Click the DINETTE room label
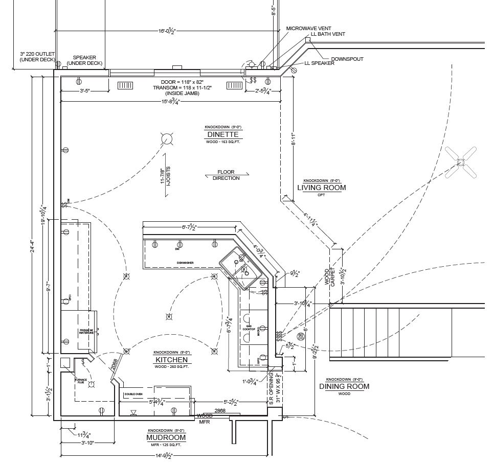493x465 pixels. pyautogui.click(x=223, y=135)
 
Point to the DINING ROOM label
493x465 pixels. pyautogui.click(x=344, y=386)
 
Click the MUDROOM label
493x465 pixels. pyautogui.click(x=166, y=438)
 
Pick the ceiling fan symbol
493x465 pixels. pyautogui.click(x=460, y=162)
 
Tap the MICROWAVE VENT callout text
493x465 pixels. pyautogui.click(x=308, y=28)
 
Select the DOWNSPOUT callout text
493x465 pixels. pyautogui.click(x=347, y=59)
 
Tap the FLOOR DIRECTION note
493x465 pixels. pyautogui.click(x=226, y=175)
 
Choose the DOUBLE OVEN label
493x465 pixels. pyautogui.click(x=133, y=394)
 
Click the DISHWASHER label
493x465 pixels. pyautogui.click(x=185, y=263)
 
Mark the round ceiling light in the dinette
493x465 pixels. pyautogui.click(x=167, y=138)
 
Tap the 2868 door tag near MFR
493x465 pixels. pyautogui.click(x=220, y=410)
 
